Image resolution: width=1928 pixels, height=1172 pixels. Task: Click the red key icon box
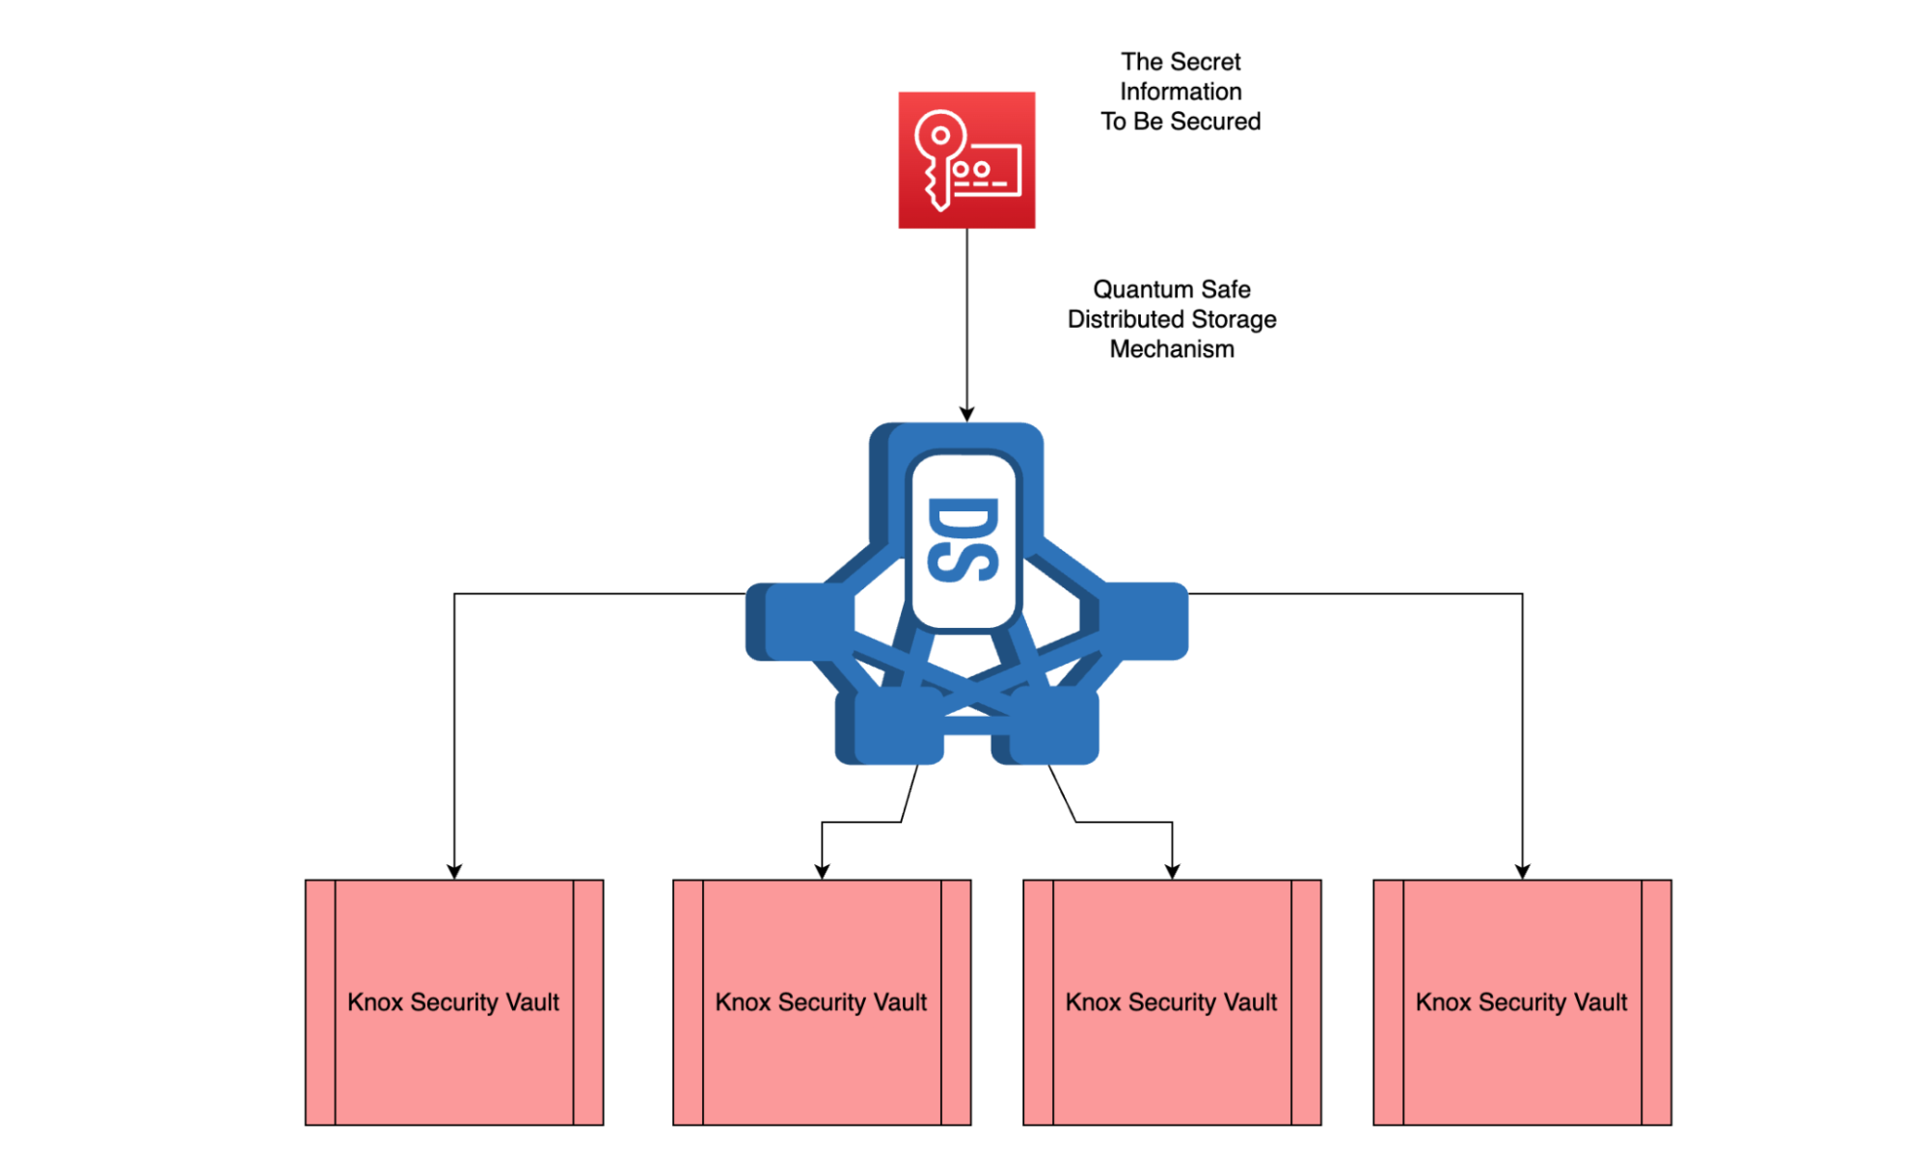point(966,160)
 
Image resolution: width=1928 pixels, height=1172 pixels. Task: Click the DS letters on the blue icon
point(962,540)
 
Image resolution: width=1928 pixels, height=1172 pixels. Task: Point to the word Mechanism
point(1172,349)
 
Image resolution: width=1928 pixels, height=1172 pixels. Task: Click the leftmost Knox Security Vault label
point(453,1002)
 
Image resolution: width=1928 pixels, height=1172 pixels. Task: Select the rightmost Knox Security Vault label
point(1521,1002)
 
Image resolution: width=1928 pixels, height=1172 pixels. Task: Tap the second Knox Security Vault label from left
point(821,1002)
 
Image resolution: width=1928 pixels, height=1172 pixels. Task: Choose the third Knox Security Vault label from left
point(1171,1002)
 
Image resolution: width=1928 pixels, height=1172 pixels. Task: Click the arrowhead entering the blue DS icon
point(966,414)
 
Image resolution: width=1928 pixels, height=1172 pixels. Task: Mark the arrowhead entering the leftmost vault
point(454,871)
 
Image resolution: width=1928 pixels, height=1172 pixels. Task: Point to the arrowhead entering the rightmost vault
point(1522,871)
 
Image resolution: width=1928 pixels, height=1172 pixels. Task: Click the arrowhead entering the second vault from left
point(822,871)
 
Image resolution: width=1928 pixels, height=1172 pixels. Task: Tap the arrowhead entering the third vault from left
point(1172,871)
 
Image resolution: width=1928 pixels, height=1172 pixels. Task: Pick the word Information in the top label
point(1181,92)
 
